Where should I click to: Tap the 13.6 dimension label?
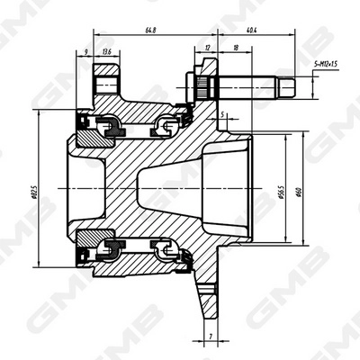(x=108, y=51)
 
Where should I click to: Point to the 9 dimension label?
(x=86, y=51)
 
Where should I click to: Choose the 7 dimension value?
(x=209, y=335)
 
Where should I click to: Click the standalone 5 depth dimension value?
(x=222, y=115)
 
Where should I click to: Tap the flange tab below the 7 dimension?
(x=208, y=297)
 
